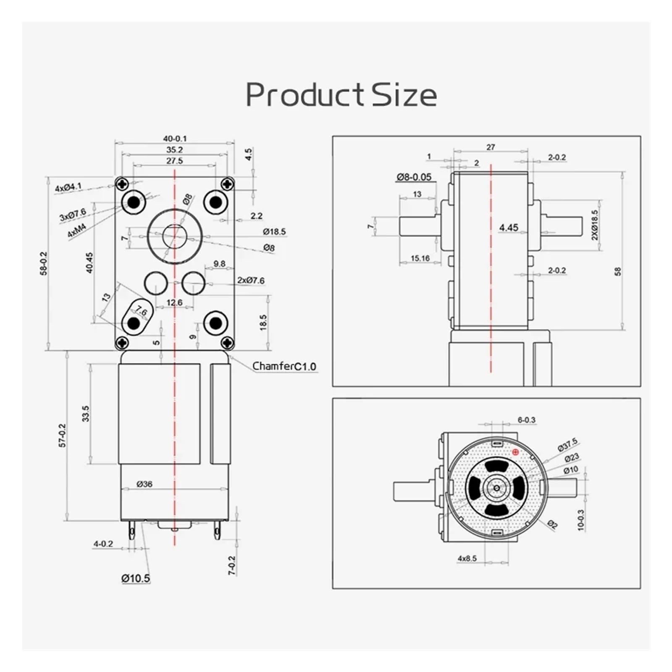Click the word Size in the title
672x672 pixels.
point(404,95)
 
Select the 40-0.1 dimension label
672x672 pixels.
point(175,139)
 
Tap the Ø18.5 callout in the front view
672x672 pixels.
point(274,231)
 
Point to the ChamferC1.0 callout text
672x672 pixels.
point(284,366)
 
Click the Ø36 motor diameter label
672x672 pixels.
point(144,484)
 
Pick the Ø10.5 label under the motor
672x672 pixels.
point(135,578)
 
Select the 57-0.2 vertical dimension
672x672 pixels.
point(62,435)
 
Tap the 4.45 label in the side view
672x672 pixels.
point(508,228)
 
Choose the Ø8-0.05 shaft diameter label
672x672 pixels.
point(414,177)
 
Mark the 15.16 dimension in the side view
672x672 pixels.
point(420,258)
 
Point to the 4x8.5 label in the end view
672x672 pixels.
point(467,558)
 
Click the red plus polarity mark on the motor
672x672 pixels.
point(516,452)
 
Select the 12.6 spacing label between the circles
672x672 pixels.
point(174,302)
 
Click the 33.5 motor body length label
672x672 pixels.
point(86,413)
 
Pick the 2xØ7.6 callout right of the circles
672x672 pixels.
point(251,281)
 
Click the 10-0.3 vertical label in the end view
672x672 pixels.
point(581,520)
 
